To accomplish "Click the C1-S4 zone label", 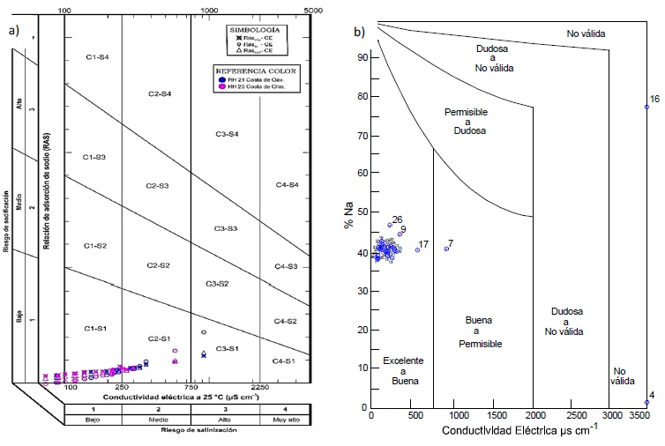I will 96,57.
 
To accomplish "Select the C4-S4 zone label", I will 287,185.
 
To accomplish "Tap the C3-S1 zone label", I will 228,350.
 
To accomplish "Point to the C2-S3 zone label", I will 158,187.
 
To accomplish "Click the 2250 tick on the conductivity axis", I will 260,386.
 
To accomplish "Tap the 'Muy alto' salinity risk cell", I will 285,420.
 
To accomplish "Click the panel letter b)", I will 360,32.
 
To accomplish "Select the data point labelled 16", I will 646,107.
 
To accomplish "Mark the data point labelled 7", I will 446,249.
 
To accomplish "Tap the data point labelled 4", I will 646,402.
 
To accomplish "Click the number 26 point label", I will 397,219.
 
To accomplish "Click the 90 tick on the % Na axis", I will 362,57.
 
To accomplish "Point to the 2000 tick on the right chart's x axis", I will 533,415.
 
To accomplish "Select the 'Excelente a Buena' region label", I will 401,370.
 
